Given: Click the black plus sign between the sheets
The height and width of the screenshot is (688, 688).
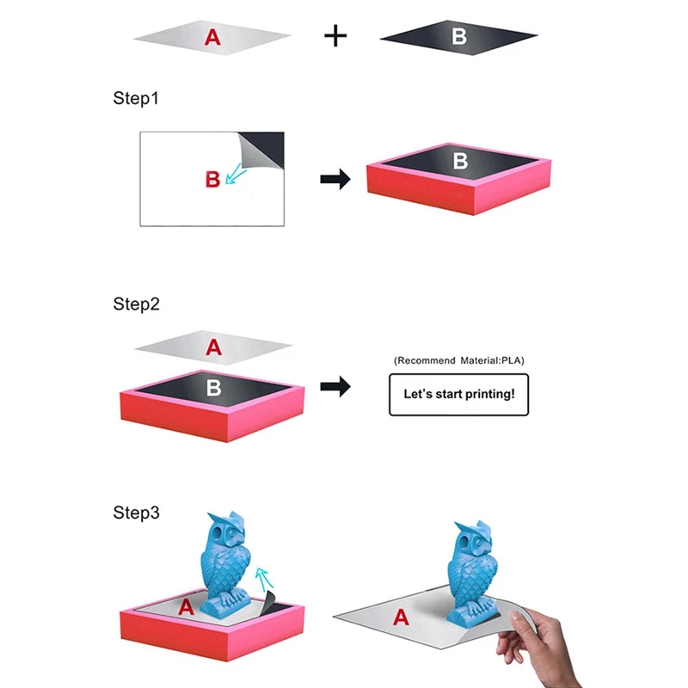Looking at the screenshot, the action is [x=335, y=36].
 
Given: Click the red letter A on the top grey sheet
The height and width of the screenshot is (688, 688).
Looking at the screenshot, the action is [x=212, y=37].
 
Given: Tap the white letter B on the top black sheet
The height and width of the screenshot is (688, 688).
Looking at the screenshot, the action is [x=459, y=36].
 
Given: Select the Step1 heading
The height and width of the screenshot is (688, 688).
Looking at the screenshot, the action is [x=136, y=98].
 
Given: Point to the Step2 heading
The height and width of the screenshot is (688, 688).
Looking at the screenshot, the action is [x=136, y=304].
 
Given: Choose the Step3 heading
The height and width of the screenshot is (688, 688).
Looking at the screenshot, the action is [x=136, y=513].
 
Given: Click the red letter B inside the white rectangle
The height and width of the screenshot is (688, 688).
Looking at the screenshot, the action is [x=212, y=179].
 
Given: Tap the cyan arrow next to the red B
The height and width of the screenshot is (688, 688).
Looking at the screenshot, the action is [x=235, y=175].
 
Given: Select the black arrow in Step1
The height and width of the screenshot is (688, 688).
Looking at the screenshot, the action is [x=335, y=179].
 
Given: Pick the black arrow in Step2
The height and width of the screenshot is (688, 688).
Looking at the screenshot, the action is [x=335, y=386].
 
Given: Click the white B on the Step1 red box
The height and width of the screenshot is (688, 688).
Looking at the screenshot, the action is [x=460, y=161].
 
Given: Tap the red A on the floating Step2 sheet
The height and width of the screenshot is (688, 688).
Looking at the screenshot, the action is [x=213, y=347].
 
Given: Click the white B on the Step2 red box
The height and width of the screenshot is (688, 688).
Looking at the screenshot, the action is [x=213, y=388].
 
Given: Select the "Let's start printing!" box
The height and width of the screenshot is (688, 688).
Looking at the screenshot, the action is [x=459, y=395].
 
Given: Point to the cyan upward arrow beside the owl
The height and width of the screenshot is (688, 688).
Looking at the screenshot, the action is [x=264, y=579].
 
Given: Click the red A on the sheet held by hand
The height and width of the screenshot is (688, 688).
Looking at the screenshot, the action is [x=401, y=617].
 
